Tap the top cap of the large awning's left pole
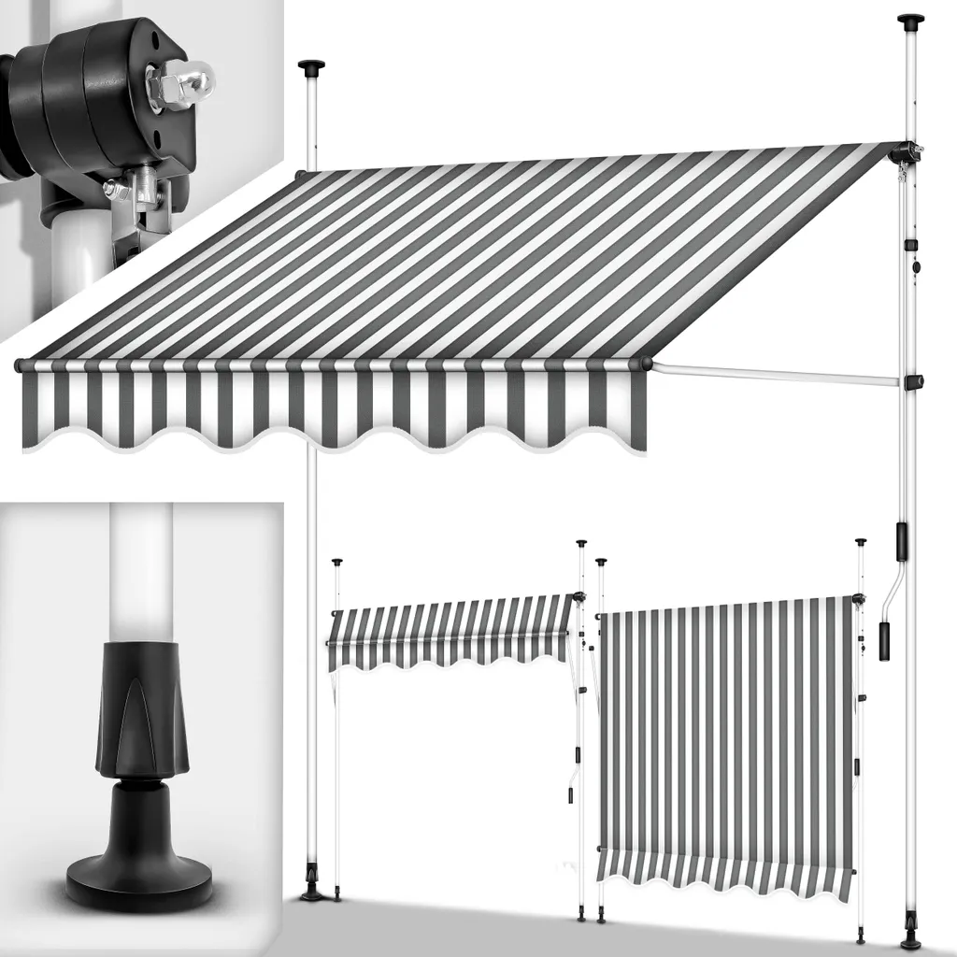311,66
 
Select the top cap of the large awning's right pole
909,19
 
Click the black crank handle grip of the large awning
884,641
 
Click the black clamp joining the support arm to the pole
913,382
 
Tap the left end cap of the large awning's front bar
19,365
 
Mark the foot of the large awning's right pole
910,940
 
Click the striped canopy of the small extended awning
449,626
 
